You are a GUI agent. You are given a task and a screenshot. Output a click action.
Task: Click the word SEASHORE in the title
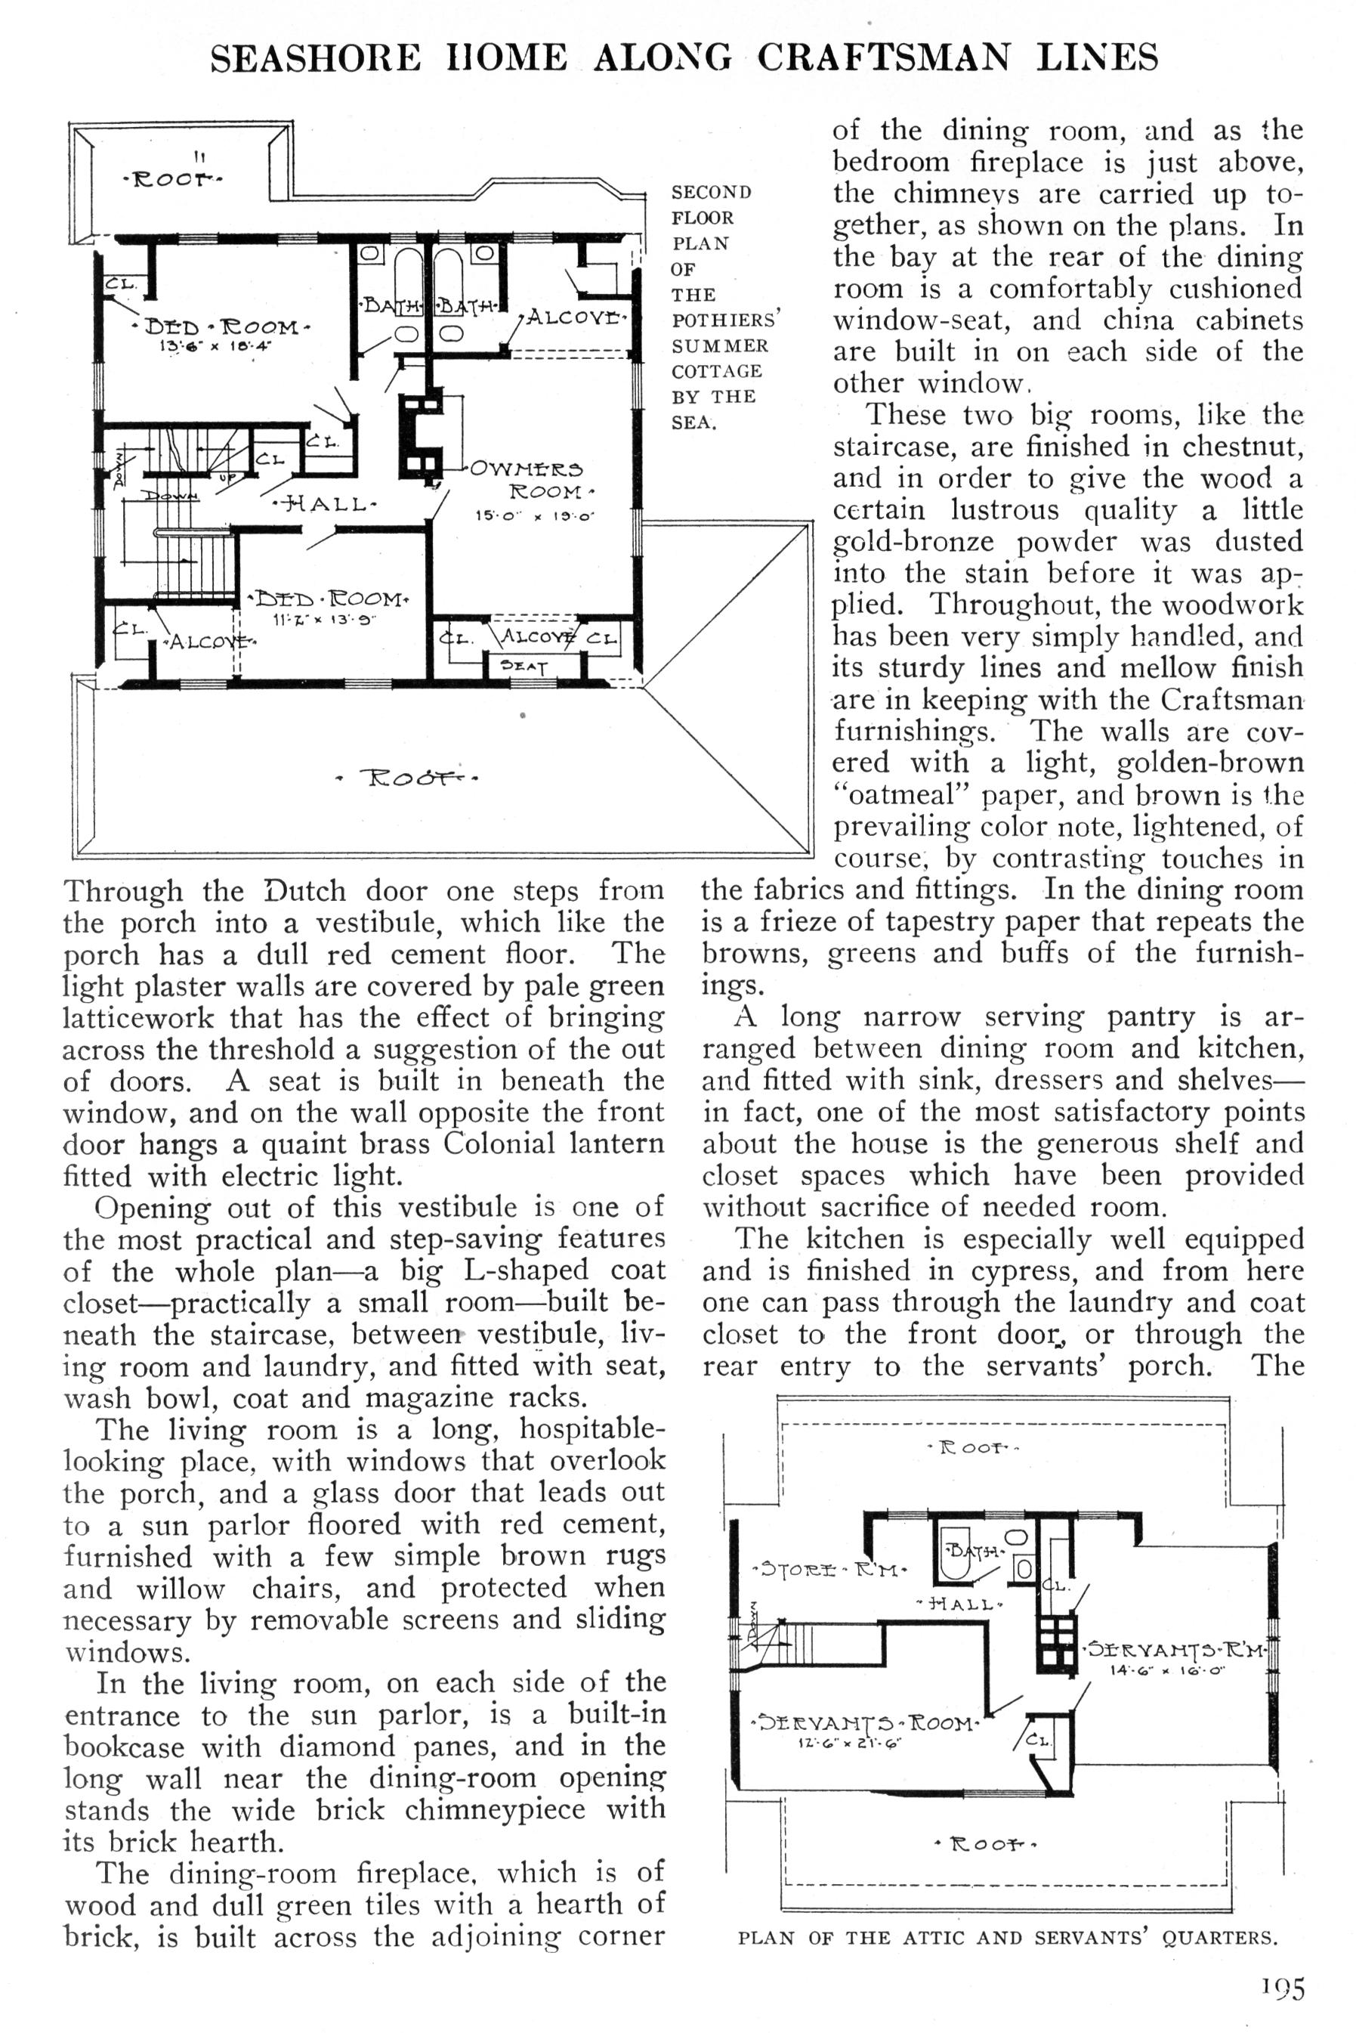pos(316,58)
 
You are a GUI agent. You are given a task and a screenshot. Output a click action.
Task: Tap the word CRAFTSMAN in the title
pos(884,58)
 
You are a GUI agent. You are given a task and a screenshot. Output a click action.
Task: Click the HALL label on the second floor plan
pos(324,503)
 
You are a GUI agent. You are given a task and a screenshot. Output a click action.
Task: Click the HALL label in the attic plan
pos(960,1603)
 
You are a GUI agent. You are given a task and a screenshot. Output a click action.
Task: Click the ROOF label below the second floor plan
pos(407,777)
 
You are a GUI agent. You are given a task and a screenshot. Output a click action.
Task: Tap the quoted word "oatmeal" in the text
pos(891,794)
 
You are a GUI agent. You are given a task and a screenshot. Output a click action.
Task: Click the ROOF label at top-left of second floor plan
pos(171,180)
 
